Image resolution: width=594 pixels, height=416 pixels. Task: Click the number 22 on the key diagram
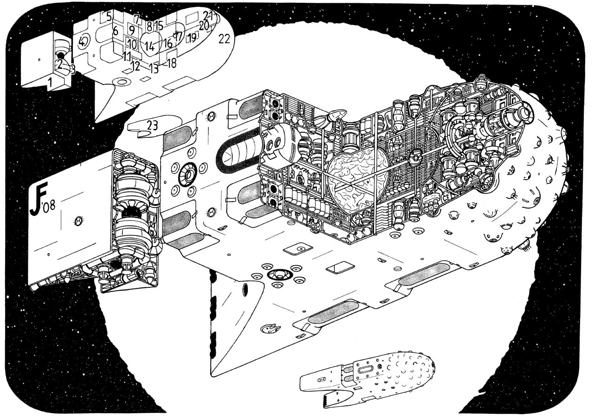224,39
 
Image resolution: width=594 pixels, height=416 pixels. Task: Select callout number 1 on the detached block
50,83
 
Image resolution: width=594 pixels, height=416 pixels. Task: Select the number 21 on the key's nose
208,15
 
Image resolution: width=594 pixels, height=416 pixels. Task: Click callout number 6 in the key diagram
115,31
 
